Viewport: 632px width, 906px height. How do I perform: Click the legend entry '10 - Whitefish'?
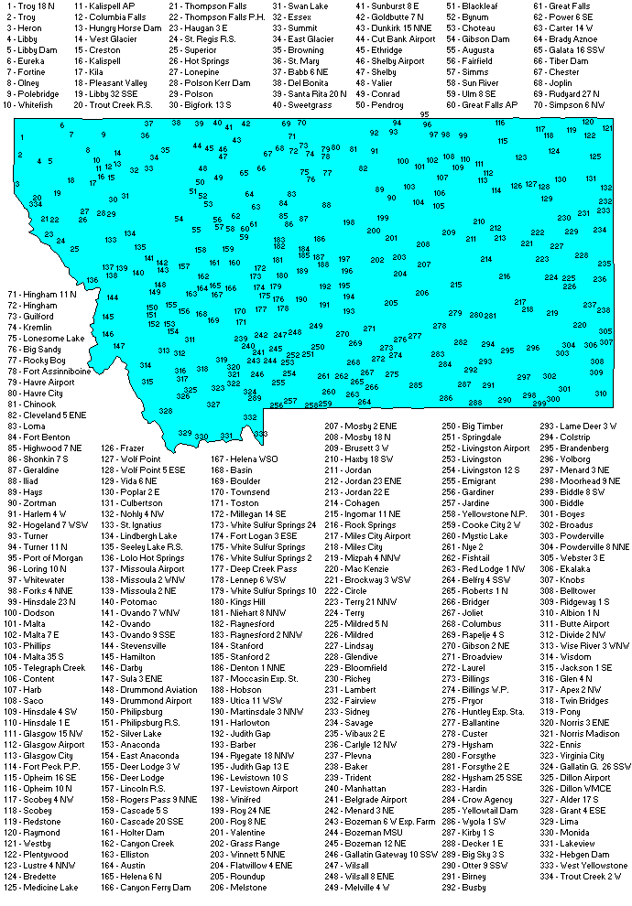coord(30,105)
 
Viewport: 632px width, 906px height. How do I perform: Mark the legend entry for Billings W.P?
coord(472,689)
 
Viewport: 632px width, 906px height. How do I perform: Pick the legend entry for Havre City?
coord(37,393)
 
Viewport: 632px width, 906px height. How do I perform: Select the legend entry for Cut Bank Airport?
coord(395,39)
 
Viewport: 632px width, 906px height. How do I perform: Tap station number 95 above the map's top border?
coord(425,114)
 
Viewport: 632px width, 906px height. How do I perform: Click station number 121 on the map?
coord(606,128)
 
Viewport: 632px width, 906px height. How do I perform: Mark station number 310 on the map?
coord(600,394)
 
